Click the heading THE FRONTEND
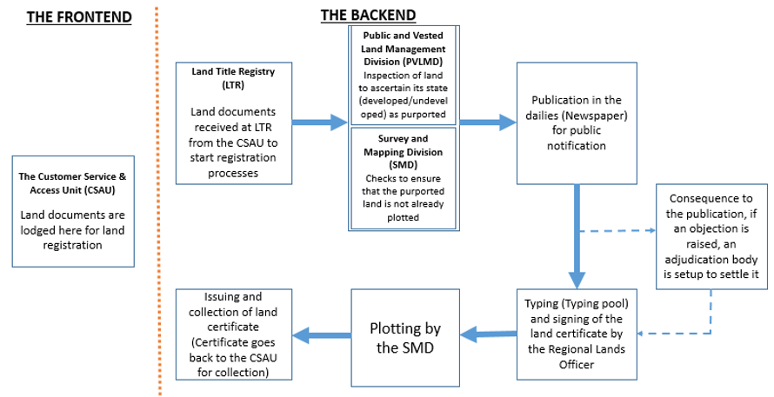[x=79, y=17]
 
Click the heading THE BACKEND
[x=368, y=16]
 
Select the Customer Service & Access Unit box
[x=73, y=212]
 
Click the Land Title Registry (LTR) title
[x=233, y=78]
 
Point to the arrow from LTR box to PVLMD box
[x=320, y=122]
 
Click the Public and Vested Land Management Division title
[x=404, y=49]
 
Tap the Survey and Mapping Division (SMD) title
[x=404, y=152]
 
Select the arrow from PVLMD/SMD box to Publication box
[x=488, y=122]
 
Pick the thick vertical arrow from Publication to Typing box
[x=577, y=236]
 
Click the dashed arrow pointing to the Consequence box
[x=617, y=230]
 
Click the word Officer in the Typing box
[x=577, y=365]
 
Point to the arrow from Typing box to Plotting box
[x=488, y=334]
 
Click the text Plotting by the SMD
[x=405, y=338]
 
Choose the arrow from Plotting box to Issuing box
[x=322, y=336]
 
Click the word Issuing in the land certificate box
[x=233, y=297]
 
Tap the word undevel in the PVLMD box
[x=428, y=101]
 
